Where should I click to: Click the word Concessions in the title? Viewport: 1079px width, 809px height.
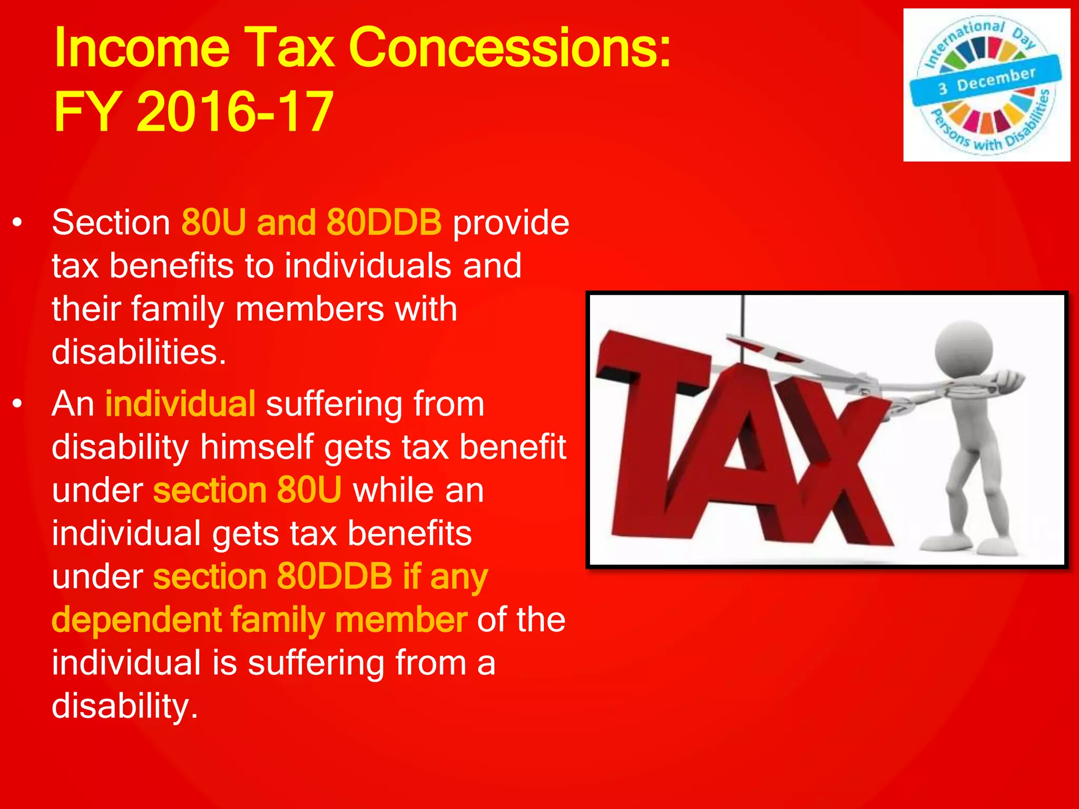point(509,48)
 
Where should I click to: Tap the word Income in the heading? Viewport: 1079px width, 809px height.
point(142,48)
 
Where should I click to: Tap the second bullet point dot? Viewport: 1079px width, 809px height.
point(18,404)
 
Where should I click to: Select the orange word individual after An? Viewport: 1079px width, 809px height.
point(180,404)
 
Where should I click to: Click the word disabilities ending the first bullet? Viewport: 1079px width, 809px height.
point(138,352)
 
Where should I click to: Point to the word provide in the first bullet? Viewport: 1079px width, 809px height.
point(511,222)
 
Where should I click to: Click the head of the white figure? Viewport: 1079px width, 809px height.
point(964,349)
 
